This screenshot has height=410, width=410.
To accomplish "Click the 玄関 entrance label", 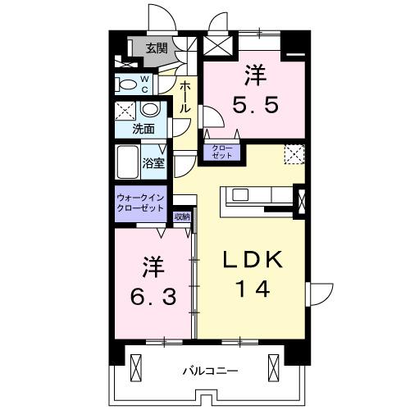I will [x=157, y=49].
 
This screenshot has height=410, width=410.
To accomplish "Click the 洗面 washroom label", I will [x=144, y=129].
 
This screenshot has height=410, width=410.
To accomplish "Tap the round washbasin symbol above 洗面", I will [x=150, y=110].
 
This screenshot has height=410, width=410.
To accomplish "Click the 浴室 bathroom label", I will [x=154, y=162].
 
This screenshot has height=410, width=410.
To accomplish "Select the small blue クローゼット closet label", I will [x=222, y=151].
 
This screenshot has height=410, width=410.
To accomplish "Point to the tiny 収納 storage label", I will [x=182, y=216].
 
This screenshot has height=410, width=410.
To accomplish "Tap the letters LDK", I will [x=254, y=261].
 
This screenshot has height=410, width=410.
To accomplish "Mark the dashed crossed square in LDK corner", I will [x=294, y=153].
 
